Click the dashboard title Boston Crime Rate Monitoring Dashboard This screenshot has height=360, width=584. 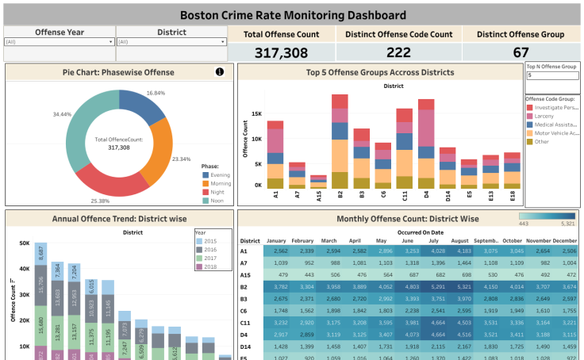291,13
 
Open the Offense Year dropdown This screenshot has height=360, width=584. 110,41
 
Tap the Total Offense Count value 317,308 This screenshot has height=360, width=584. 282,52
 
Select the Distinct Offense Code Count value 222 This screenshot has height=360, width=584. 398,52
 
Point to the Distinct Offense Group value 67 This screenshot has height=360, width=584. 520,52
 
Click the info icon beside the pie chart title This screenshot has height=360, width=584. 220,72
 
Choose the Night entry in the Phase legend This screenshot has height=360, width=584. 214,191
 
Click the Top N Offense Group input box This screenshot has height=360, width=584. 551,75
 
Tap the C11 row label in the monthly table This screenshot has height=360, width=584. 248,324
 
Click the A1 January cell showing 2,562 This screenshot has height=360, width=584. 275,251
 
